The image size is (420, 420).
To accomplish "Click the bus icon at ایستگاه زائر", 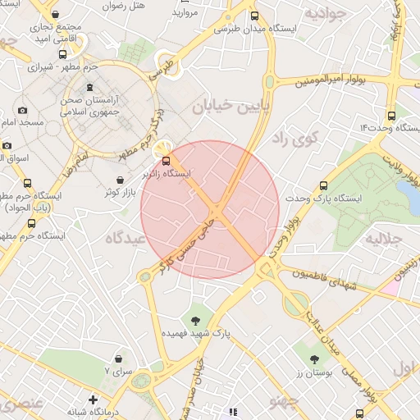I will pos(167,160).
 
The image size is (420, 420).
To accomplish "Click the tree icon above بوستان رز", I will pos(314,358).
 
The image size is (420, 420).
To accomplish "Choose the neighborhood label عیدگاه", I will pos(125,238).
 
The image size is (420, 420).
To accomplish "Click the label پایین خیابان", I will pos(231,107).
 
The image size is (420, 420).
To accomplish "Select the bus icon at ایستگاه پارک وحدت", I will pos(323,185).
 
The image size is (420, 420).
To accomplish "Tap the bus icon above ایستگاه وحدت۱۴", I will pos(390,116).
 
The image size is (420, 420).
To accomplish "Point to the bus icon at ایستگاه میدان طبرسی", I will pos(255,16).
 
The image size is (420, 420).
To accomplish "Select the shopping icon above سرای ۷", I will pos(120,359).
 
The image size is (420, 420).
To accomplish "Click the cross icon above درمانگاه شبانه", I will pos(94,399).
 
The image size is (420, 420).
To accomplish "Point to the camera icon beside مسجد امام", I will pos(22,110).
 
